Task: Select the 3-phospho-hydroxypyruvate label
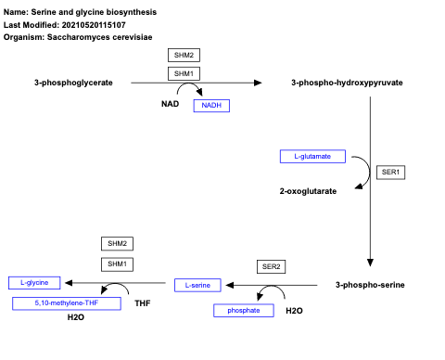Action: pyautogui.click(x=346, y=83)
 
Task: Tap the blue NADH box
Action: pyautogui.click(x=210, y=106)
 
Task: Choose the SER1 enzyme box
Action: pyautogui.click(x=392, y=172)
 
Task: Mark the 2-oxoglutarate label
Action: pyautogui.click(x=308, y=191)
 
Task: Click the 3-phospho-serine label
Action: pyautogui.click(x=369, y=284)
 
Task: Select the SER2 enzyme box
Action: pyautogui.click(x=271, y=266)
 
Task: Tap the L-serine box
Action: pyautogui.click(x=197, y=284)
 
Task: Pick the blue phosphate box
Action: pyautogui.click(x=244, y=311)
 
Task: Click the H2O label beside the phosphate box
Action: pyautogui.click(x=294, y=311)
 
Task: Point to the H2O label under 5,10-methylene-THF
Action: pyautogui.click(x=76, y=317)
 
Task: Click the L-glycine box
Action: pyautogui.click(x=34, y=281)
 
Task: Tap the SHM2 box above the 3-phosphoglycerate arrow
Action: pyautogui.click(x=184, y=55)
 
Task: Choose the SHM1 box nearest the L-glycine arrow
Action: pyautogui.click(x=117, y=264)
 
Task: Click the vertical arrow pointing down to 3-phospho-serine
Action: pyautogui.click(x=370, y=176)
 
